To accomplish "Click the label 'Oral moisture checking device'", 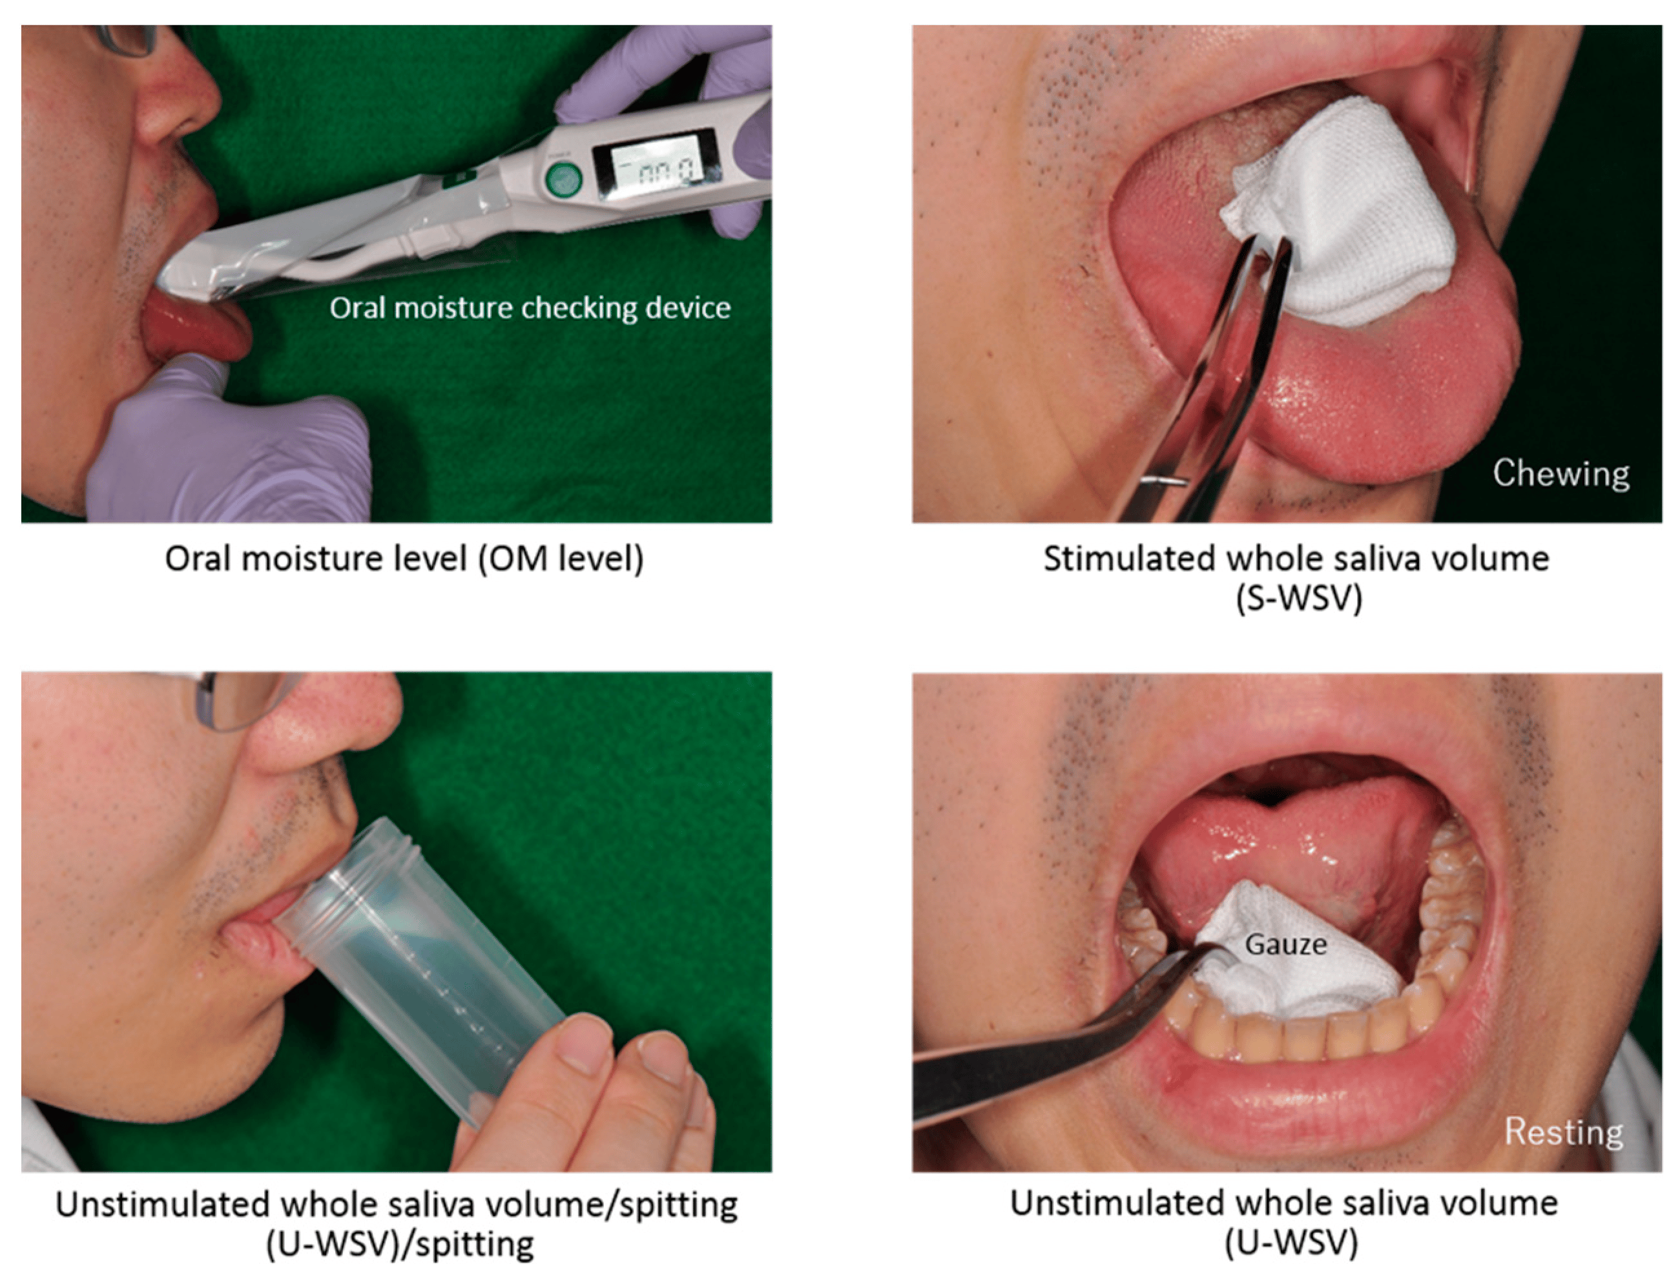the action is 530,308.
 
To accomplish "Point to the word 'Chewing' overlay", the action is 1561,474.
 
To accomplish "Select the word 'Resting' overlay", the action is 1564,1132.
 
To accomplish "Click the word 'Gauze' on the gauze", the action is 1285,945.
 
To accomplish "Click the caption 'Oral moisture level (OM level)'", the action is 404,559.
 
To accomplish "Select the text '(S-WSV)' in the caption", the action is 1299,599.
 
